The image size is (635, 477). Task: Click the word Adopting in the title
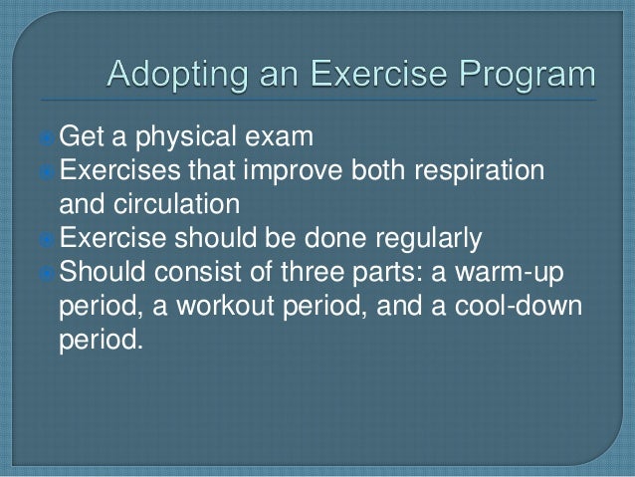pyautogui.click(x=177, y=74)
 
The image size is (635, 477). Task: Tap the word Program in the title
pyautogui.click(x=527, y=74)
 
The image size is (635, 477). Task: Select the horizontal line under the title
pyautogui.click(x=318, y=100)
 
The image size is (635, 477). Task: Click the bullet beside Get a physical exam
pyautogui.click(x=46, y=138)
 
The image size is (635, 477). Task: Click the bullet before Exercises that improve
pyautogui.click(x=46, y=172)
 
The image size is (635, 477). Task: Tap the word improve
pyautogui.click(x=293, y=171)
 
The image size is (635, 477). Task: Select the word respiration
pyautogui.click(x=479, y=171)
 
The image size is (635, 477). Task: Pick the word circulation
pyautogui.click(x=176, y=203)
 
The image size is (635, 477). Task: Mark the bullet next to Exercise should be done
pyautogui.click(x=46, y=240)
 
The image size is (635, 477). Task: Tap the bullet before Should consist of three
pyautogui.click(x=46, y=274)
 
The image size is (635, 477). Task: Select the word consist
pyautogui.click(x=198, y=272)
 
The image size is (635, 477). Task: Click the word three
pyautogui.click(x=313, y=272)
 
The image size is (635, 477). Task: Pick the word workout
pyautogui.click(x=226, y=306)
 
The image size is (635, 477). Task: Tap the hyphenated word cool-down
pyautogui.click(x=519, y=306)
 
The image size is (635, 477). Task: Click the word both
pyautogui.click(x=378, y=170)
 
